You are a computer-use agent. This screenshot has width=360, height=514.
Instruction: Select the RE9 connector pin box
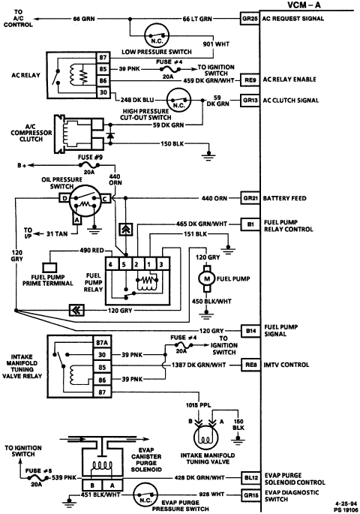[249, 77]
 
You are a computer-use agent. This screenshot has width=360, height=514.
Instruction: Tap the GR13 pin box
[249, 99]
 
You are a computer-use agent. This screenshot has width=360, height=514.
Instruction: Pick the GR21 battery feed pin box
[249, 198]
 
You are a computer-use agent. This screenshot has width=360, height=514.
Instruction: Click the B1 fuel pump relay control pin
[249, 224]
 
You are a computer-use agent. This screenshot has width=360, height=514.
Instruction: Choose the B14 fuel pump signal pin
[249, 329]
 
